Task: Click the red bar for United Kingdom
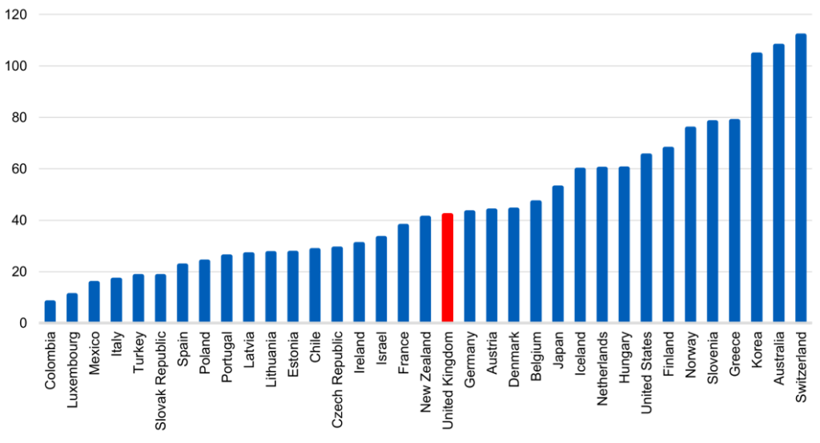448,268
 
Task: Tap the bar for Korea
756,188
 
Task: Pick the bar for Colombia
50,312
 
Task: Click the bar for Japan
558,255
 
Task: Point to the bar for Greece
734,221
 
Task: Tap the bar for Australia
778,183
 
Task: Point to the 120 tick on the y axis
17,15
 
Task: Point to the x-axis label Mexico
94,352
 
